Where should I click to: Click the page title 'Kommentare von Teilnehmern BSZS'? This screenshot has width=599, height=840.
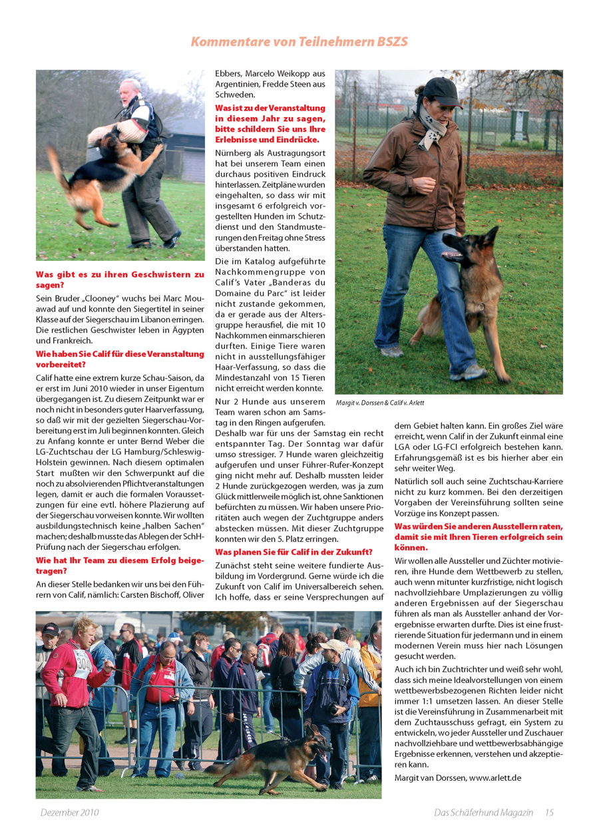coord(299,42)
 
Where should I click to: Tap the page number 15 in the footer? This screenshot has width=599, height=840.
coord(549,812)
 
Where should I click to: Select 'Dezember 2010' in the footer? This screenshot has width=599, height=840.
coord(70,812)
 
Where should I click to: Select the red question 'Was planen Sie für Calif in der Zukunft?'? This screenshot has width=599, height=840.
coord(294,552)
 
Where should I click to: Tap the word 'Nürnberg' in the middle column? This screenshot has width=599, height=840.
coord(234,153)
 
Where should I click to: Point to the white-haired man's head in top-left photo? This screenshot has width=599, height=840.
coord(130,90)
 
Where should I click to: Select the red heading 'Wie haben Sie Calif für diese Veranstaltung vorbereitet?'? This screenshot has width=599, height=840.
coord(120,359)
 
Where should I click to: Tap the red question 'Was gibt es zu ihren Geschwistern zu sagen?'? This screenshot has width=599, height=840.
coord(120,280)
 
